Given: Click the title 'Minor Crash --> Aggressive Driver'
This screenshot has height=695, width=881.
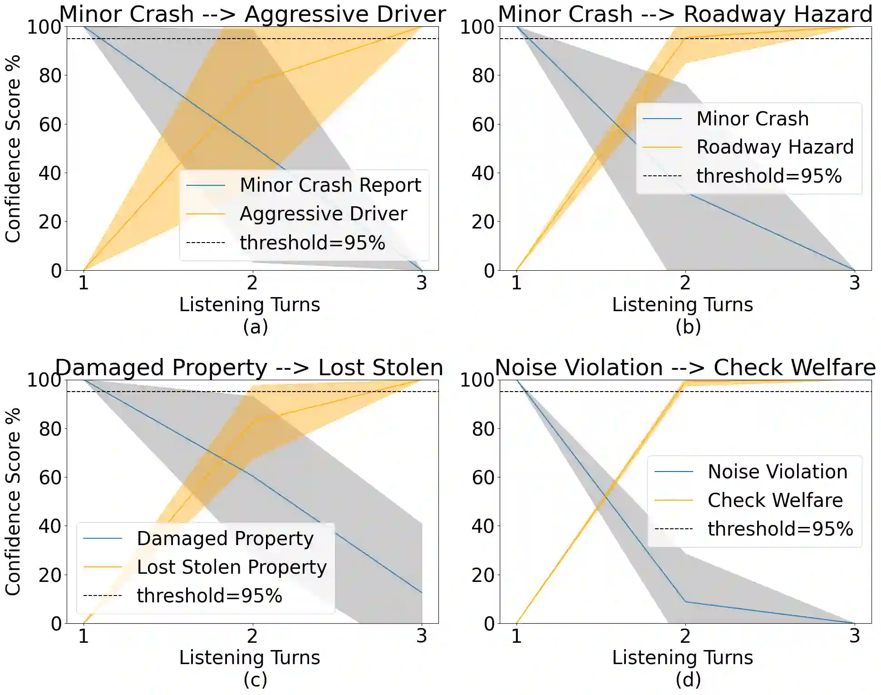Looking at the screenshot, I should point(252,14).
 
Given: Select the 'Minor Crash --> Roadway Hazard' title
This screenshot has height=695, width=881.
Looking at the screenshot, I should point(685,14).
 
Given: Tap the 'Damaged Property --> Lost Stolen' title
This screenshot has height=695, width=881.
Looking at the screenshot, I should point(249,367).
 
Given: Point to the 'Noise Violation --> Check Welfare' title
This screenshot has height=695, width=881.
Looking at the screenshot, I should point(685,367).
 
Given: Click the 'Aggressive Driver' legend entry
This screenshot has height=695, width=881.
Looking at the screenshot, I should point(323,213).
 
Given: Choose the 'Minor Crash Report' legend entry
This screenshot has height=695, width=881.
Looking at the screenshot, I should point(330,185).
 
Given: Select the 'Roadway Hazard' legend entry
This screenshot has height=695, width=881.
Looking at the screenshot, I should point(775,147).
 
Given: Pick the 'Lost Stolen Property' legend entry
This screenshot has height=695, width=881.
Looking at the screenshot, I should point(231,567).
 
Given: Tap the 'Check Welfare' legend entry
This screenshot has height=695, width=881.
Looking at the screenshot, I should point(775,500).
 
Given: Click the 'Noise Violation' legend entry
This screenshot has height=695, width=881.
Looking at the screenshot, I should point(778,472).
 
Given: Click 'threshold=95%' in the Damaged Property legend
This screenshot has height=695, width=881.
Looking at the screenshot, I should point(210,596).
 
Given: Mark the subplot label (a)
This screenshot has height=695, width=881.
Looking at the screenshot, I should point(255,327).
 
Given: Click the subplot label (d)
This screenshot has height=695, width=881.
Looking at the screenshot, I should point(688,680).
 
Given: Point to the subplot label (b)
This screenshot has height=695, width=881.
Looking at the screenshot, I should point(688,327).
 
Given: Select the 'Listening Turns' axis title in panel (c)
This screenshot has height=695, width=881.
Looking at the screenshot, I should point(250,657).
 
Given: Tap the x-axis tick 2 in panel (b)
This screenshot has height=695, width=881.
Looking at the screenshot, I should point(685,283).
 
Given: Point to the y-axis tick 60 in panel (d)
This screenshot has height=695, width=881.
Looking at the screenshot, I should point(482,477).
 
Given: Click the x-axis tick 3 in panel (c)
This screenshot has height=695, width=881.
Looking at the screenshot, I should point(422,636).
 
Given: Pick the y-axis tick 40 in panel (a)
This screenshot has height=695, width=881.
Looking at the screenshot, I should point(49,173).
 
